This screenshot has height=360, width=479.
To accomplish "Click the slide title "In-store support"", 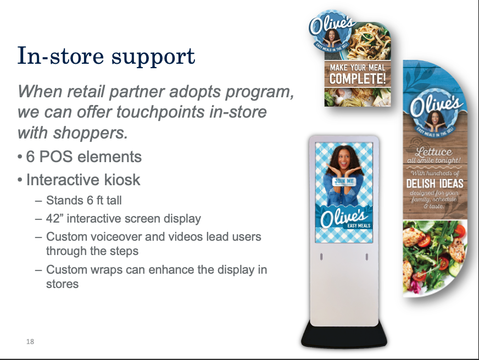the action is (x=106, y=56).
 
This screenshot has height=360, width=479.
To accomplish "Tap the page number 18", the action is (x=30, y=342).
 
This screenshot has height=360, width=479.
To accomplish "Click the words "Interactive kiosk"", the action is (x=83, y=180).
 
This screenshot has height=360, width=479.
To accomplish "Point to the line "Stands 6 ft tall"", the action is (x=83, y=201).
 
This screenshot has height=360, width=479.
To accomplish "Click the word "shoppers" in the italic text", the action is (x=91, y=133).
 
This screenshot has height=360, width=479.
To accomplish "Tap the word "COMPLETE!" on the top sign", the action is (x=358, y=79).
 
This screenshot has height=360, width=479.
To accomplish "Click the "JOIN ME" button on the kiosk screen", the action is (x=344, y=181).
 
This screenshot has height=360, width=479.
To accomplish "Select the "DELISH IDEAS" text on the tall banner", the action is (x=435, y=184).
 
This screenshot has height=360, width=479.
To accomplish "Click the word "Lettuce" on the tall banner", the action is (x=433, y=152).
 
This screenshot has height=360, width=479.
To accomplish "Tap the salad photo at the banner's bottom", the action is (x=434, y=257).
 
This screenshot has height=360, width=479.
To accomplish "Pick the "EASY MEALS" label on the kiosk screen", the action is (x=359, y=226).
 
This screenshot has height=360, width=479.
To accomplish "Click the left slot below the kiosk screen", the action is (x=321, y=257).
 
